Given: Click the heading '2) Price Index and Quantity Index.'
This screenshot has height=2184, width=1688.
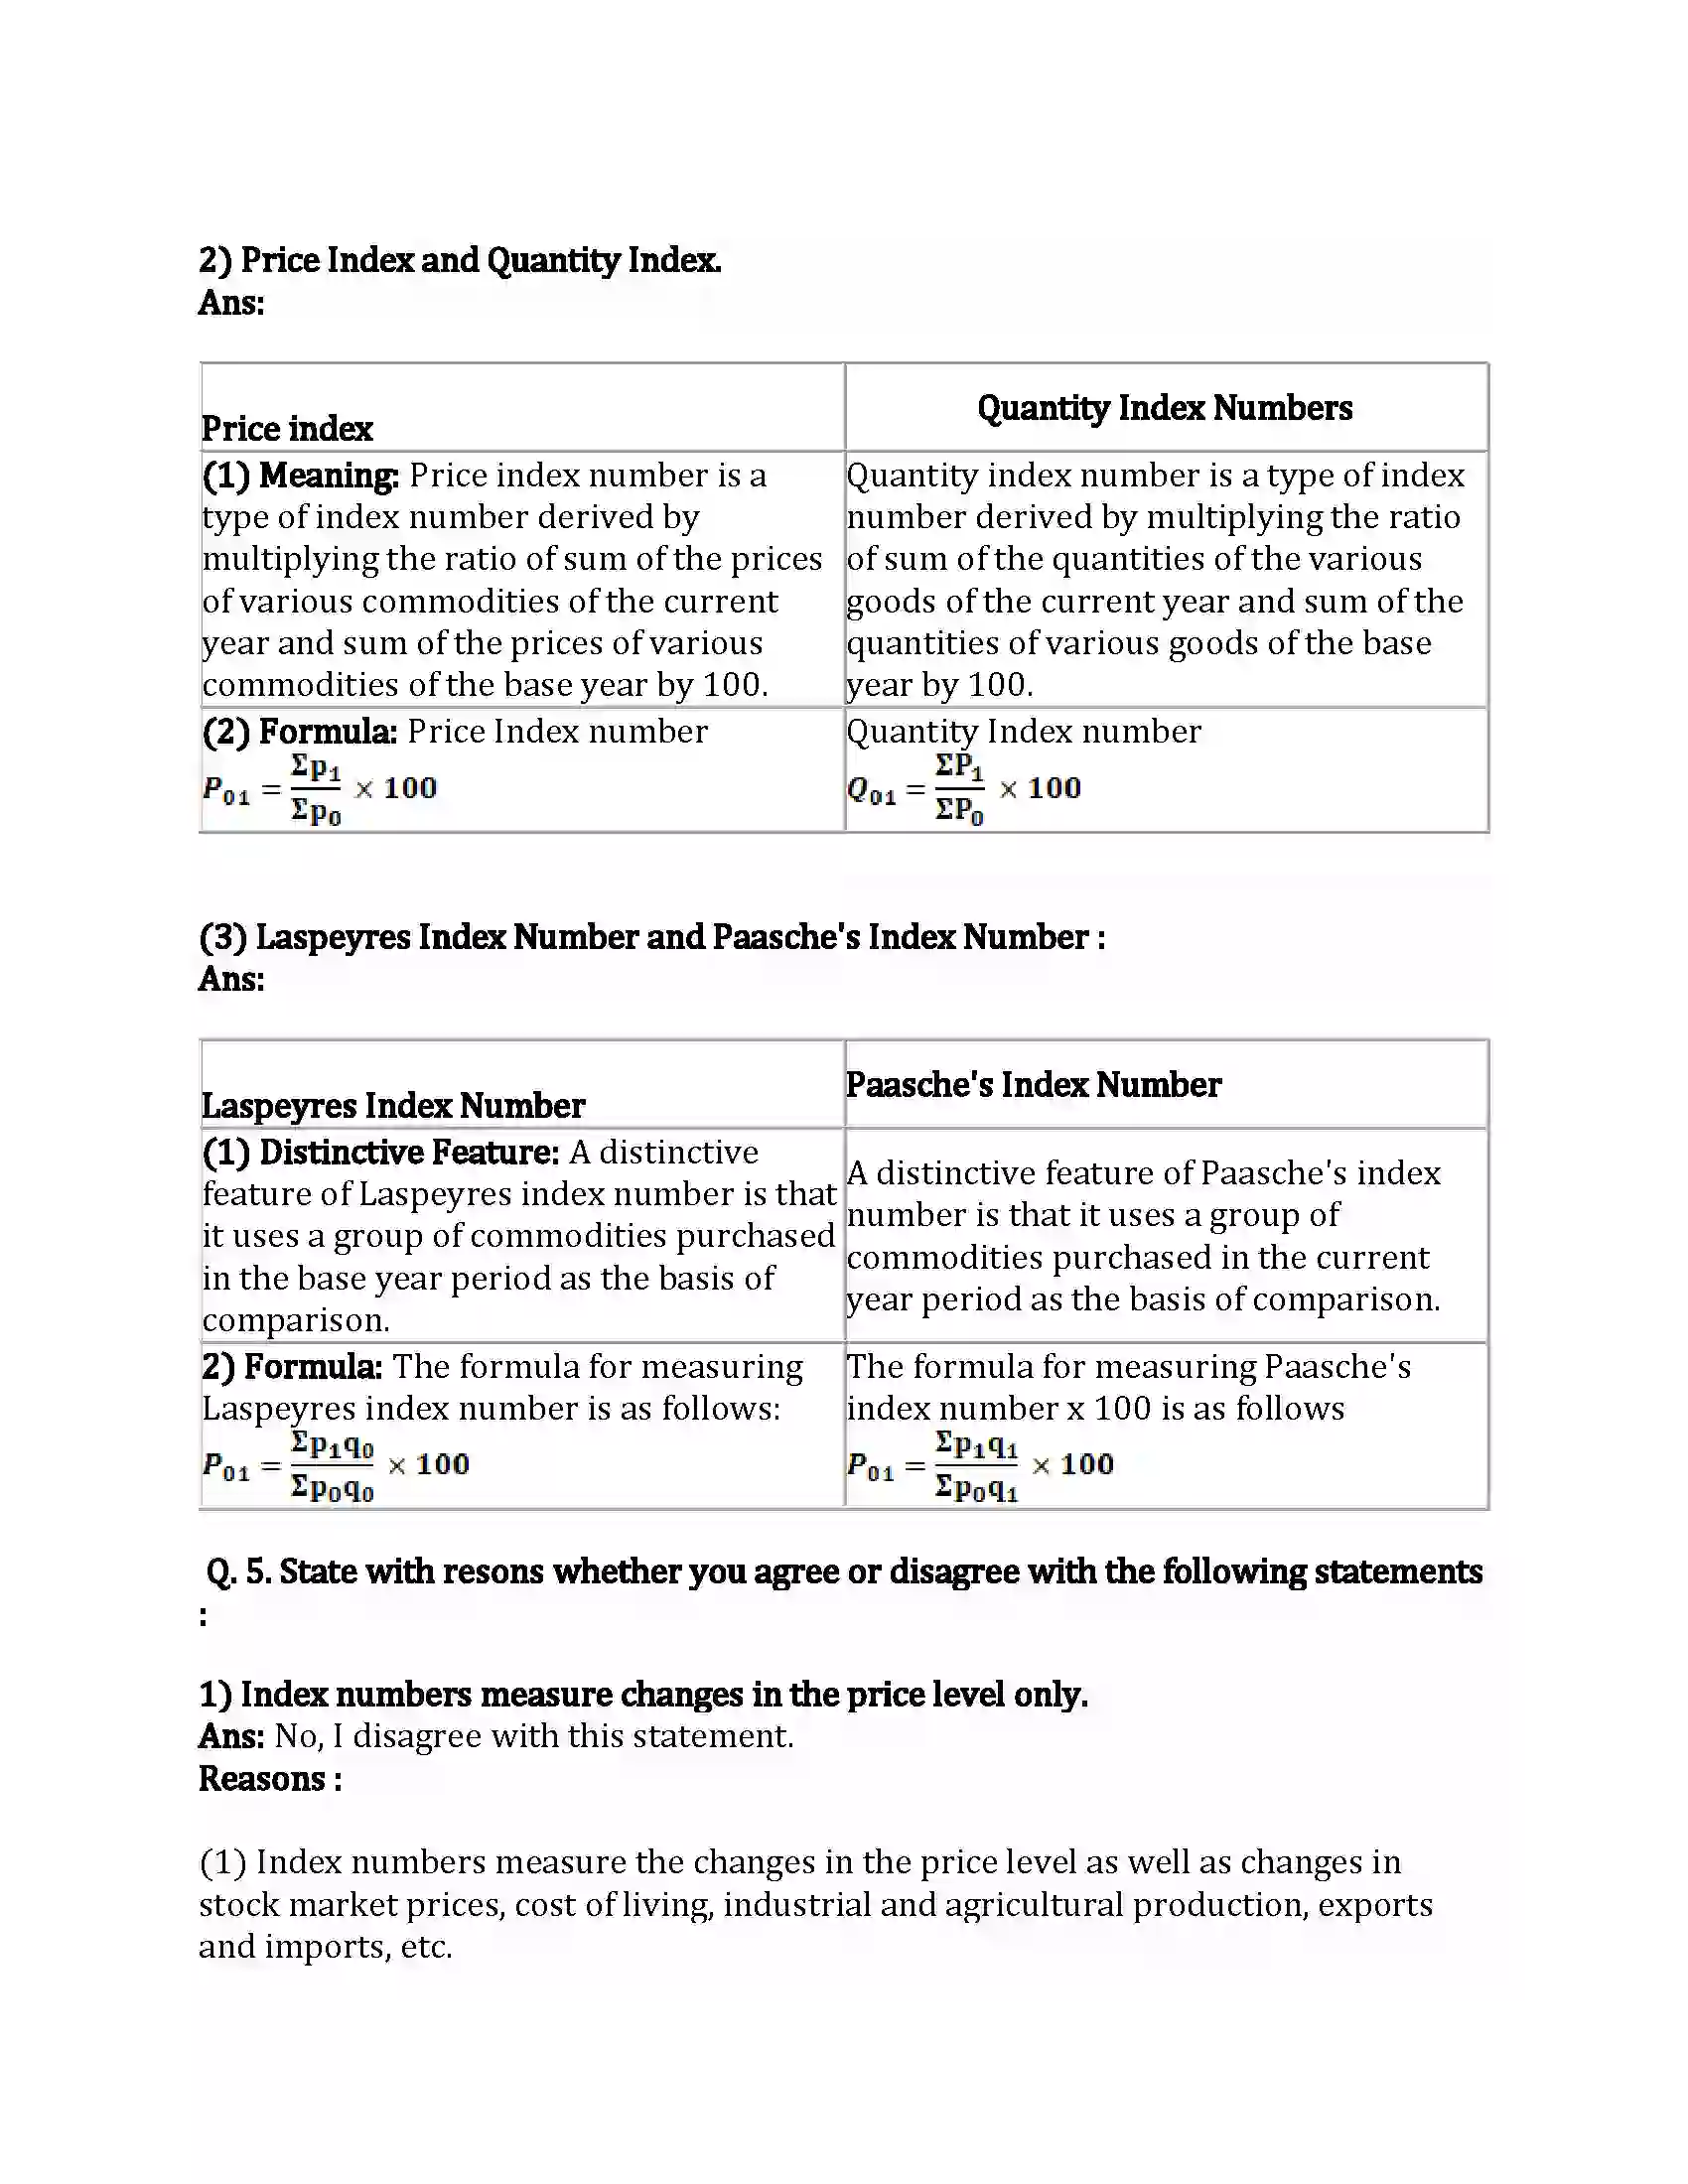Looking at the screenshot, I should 459,260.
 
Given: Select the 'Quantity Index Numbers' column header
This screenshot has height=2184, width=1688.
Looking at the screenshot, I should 1164,408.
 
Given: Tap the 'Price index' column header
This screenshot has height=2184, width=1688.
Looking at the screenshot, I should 287,429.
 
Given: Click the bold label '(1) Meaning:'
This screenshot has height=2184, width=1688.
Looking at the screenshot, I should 300,475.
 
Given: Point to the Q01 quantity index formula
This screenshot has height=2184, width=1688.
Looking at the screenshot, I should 963,789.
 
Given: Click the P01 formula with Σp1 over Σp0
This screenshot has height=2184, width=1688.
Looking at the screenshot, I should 319,789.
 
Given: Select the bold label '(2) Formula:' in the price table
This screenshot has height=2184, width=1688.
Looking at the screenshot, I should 299,732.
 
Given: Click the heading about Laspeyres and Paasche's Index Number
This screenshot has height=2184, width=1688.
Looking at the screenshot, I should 651,937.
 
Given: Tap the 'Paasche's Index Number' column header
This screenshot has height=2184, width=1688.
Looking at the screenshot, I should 1033,1085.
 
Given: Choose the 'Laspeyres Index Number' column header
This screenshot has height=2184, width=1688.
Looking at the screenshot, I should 393,1106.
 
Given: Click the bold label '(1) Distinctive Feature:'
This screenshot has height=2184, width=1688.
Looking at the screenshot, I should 380,1153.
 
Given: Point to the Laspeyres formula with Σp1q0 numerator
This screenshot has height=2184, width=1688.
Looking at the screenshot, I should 335,1466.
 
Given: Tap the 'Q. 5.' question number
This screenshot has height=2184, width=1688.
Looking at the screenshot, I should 237,1572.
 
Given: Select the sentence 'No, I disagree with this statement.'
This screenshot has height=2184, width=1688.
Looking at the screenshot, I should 534,1736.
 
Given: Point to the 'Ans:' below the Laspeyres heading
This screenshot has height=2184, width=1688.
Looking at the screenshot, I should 231,979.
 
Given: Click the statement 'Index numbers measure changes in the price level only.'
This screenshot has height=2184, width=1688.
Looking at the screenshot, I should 663,1694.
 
